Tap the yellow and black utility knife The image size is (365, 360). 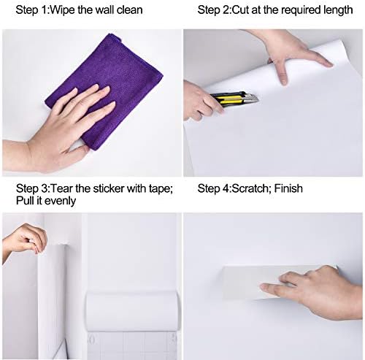234,98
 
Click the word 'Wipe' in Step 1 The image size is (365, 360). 63,10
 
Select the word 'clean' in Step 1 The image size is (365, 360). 129,10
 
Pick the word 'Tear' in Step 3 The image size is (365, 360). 62,188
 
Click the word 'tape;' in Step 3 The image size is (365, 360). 161,189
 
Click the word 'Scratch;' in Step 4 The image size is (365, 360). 251,188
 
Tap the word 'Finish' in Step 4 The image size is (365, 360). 288,188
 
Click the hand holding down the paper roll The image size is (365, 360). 292,53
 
